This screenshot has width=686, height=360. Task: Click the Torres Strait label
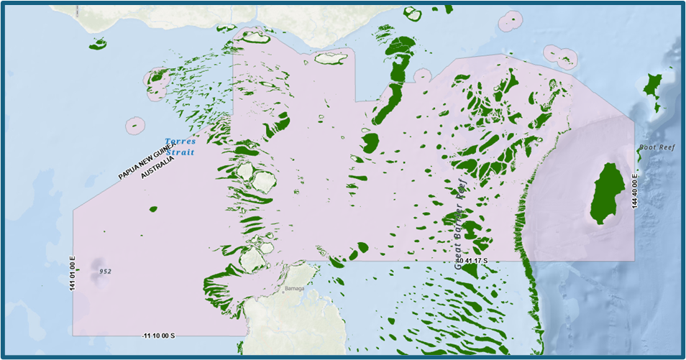180,147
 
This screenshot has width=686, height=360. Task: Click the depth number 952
105,272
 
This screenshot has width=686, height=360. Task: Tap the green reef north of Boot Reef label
653,89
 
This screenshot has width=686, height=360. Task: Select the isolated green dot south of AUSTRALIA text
152,209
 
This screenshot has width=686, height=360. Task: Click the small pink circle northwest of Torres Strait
135,126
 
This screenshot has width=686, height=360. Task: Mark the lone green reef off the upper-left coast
98,45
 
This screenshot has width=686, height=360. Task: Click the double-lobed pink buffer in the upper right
559,54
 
